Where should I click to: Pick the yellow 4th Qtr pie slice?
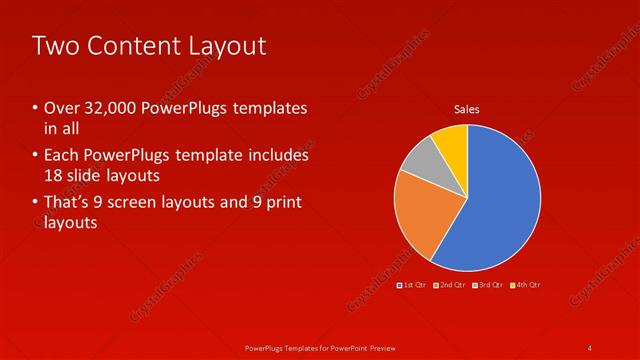(x=452, y=142)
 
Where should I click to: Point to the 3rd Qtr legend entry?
(x=489, y=285)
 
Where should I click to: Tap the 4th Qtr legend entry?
(x=526, y=285)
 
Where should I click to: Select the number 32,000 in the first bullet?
(x=109, y=108)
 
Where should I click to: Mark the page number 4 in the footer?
(x=591, y=347)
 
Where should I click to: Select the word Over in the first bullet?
(x=61, y=108)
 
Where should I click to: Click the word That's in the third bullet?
(x=67, y=204)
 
